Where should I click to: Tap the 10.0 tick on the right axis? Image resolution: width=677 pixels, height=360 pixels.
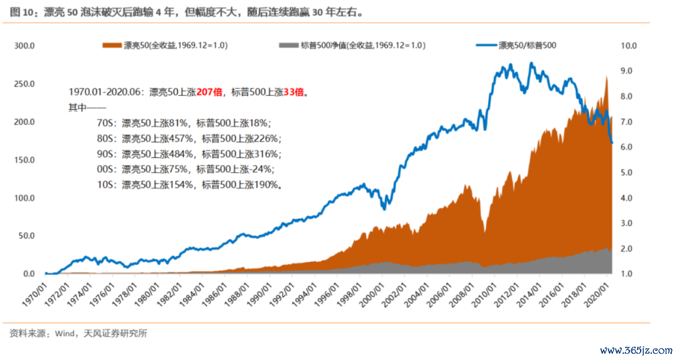coord(628,46)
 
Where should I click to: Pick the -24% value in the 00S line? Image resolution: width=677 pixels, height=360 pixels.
coord(262,169)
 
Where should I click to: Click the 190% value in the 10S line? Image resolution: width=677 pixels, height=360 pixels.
coord(267,185)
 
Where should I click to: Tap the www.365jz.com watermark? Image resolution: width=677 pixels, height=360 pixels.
coord(634,349)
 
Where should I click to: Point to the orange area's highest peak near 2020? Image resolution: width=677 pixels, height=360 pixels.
coord(606,77)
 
